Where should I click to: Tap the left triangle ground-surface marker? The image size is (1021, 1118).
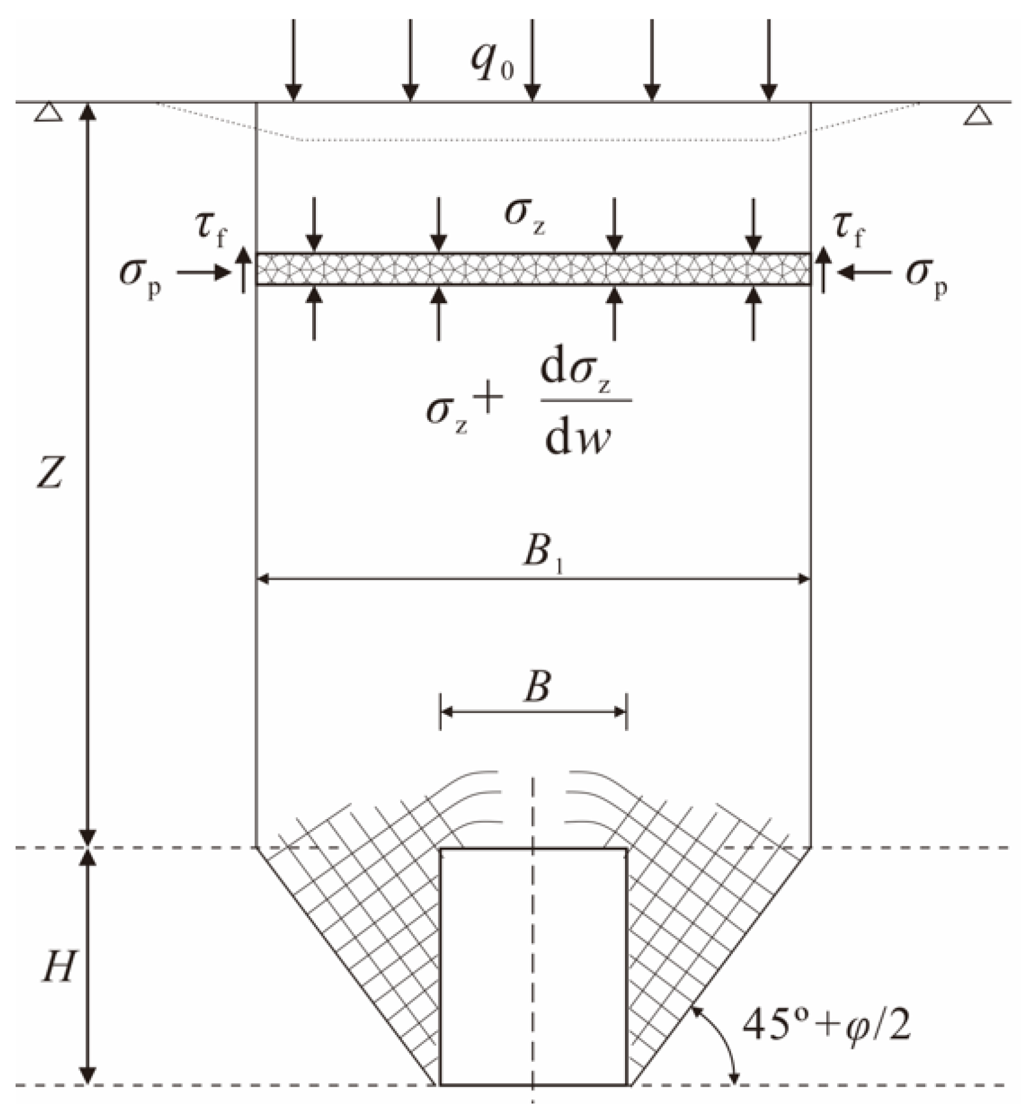click(48, 113)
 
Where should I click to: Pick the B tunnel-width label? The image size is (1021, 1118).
click(536, 686)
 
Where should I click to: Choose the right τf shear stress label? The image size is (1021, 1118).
click(849, 230)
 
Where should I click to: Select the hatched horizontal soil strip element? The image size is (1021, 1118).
click(533, 269)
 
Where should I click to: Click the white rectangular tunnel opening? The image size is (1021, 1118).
click(533, 964)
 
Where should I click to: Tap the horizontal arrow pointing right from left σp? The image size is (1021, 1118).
click(204, 273)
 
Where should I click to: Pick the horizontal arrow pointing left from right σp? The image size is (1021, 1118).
click(864, 273)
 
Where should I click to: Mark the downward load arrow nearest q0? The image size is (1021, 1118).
click(531, 60)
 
